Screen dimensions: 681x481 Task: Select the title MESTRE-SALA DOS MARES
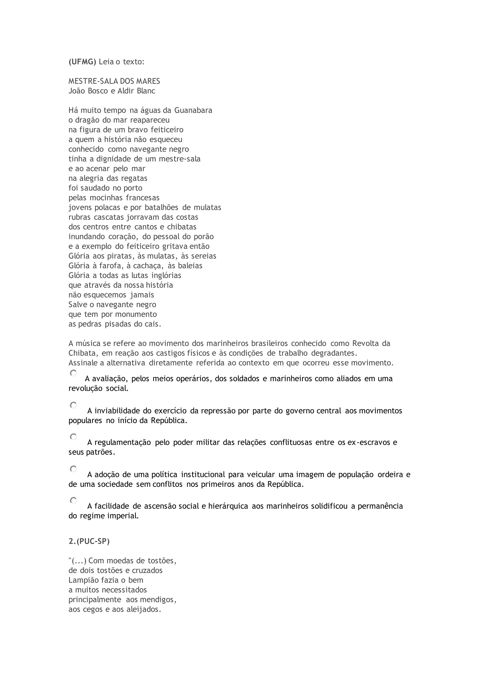114,81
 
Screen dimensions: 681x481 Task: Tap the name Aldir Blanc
136,91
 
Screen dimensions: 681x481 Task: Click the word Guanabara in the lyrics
193,110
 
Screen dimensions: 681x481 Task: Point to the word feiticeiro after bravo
167,130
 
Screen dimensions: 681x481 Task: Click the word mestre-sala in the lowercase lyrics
179,159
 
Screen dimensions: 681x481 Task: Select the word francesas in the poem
143,198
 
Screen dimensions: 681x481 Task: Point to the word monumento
136,314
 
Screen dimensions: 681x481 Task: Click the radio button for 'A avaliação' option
73,373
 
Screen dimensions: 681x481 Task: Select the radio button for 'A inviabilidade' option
73,405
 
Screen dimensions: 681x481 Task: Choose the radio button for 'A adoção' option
73,469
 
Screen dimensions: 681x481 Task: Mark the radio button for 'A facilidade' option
73,500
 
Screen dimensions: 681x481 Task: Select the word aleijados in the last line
145,609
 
